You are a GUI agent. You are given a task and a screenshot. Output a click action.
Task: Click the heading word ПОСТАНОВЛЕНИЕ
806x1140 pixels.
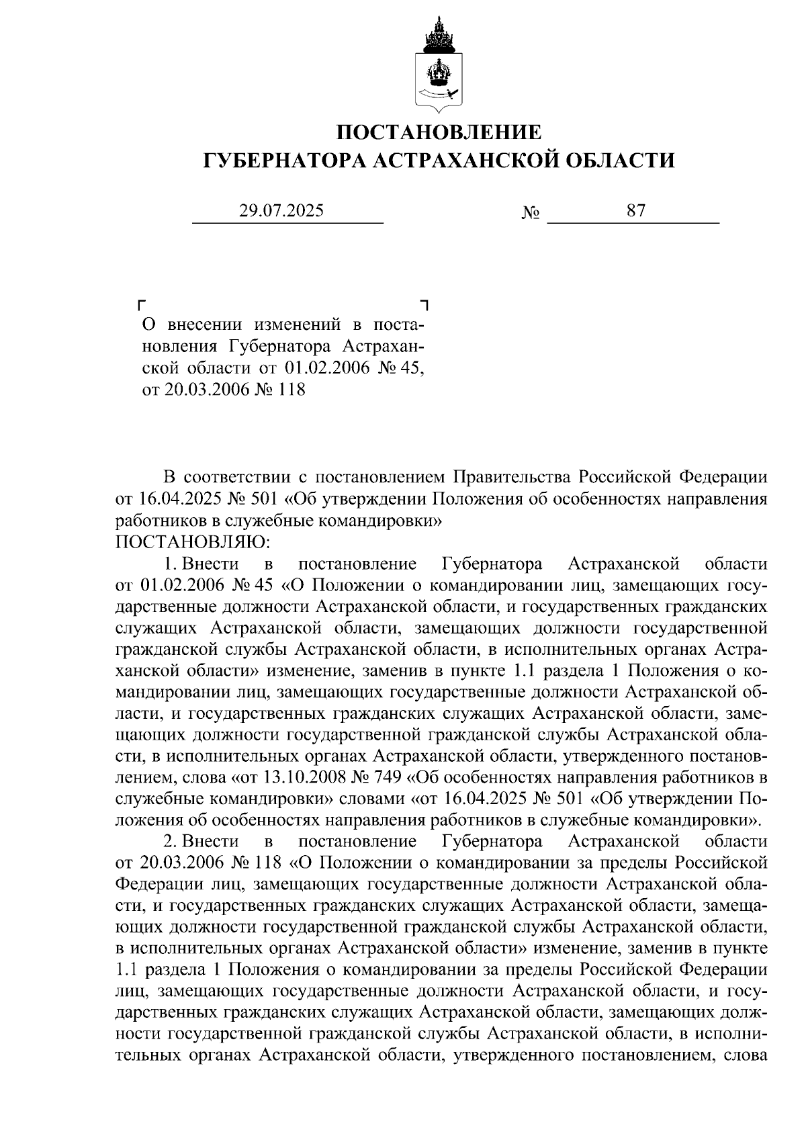point(438,132)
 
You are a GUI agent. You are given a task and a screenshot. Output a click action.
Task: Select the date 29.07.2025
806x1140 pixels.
point(281,211)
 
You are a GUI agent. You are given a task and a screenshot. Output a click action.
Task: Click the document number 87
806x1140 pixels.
point(635,211)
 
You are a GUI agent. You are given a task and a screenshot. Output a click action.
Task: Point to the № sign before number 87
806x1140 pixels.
point(531,214)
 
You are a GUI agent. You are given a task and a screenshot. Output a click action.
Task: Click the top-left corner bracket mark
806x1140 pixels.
point(141,304)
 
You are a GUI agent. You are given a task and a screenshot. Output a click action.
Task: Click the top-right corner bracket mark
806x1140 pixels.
point(424,304)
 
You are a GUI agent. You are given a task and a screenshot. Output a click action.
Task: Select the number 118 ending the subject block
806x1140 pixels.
point(290,390)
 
